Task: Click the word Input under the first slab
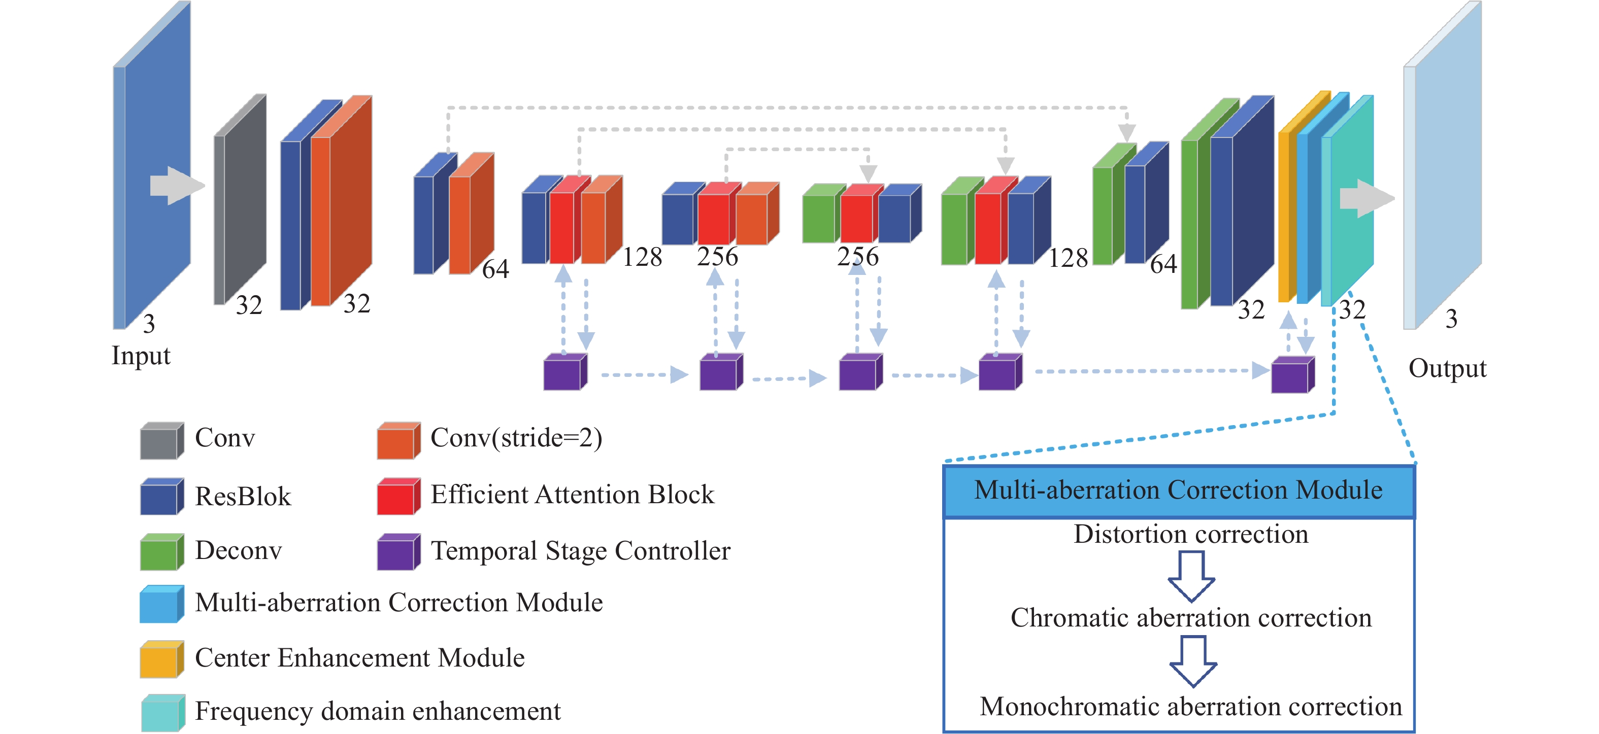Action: click(x=141, y=356)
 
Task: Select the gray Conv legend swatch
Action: click(x=161, y=441)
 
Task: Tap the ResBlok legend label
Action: click(x=243, y=497)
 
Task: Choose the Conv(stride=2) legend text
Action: click(x=516, y=438)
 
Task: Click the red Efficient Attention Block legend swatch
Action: click(x=398, y=497)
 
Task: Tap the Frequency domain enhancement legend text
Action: click(x=377, y=711)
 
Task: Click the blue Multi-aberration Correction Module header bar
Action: click(x=1178, y=492)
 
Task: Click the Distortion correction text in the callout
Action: click(x=1190, y=534)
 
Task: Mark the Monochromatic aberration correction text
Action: click(x=1190, y=707)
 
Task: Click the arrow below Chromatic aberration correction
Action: click(x=1192, y=662)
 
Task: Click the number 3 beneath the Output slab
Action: click(x=1451, y=319)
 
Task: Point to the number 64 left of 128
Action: click(x=495, y=269)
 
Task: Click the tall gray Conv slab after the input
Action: click(x=241, y=198)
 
